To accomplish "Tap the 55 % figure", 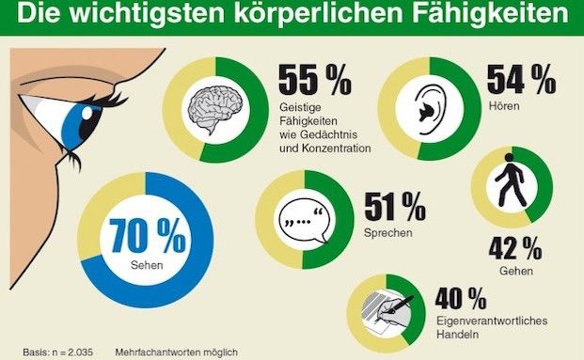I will (314, 83).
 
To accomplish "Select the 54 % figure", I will (520, 83).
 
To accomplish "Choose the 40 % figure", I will (461, 301).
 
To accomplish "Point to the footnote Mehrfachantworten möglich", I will (177, 352).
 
